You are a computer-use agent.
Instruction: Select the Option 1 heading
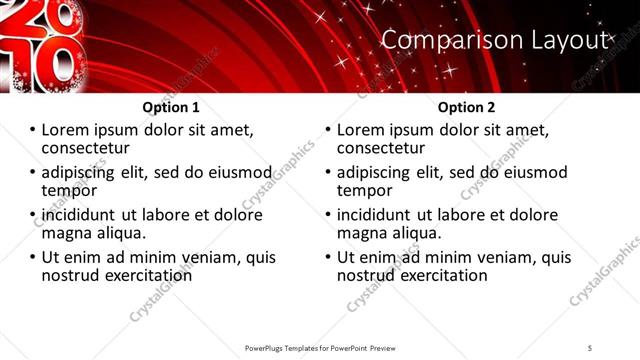[171, 107]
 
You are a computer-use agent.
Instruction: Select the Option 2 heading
[466, 107]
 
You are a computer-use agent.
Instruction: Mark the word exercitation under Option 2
[444, 275]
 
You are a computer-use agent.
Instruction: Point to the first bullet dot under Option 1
[33, 131]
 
